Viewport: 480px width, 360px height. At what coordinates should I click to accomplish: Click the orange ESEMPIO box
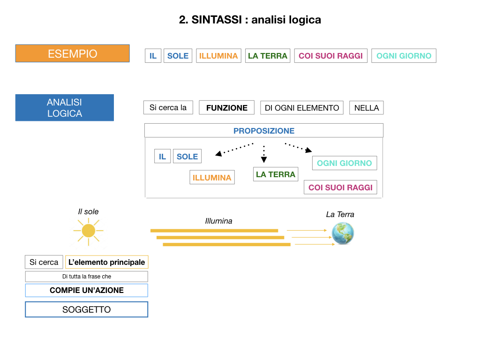point(72,53)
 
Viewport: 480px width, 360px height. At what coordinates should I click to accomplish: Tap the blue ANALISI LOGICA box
point(64,108)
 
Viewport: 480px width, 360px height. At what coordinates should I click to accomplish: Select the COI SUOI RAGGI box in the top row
point(330,56)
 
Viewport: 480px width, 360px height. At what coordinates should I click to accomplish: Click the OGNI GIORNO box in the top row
point(404,56)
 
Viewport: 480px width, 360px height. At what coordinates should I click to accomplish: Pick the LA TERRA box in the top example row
point(268,56)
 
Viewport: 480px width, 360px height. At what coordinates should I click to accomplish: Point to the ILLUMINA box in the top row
point(218,56)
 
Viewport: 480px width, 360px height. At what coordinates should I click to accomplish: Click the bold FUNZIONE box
point(226,108)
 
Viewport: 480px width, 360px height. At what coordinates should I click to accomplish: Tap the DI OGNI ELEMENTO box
point(302,108)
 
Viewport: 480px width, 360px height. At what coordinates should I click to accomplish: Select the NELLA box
point(367,108)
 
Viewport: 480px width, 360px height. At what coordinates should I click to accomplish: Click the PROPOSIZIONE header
point(264,131)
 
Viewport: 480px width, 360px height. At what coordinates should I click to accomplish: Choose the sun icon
point(88,231)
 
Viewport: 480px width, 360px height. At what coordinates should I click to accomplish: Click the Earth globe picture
point(343,233)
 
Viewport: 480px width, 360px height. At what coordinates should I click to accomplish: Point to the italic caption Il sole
point(88,212)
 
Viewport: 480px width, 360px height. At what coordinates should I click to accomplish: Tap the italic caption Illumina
point(218,221)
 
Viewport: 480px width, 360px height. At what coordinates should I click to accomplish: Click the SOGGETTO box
point(86,309)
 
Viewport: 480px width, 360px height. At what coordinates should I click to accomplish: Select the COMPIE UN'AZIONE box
point(86,290)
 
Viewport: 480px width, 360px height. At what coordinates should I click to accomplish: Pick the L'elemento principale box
point(106,262)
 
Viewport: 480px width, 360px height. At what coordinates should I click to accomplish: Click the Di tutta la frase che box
point(86,277)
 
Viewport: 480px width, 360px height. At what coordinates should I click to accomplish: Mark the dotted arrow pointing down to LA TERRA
point(264,154)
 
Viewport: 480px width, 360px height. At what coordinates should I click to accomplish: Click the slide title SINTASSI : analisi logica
point(250,20)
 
